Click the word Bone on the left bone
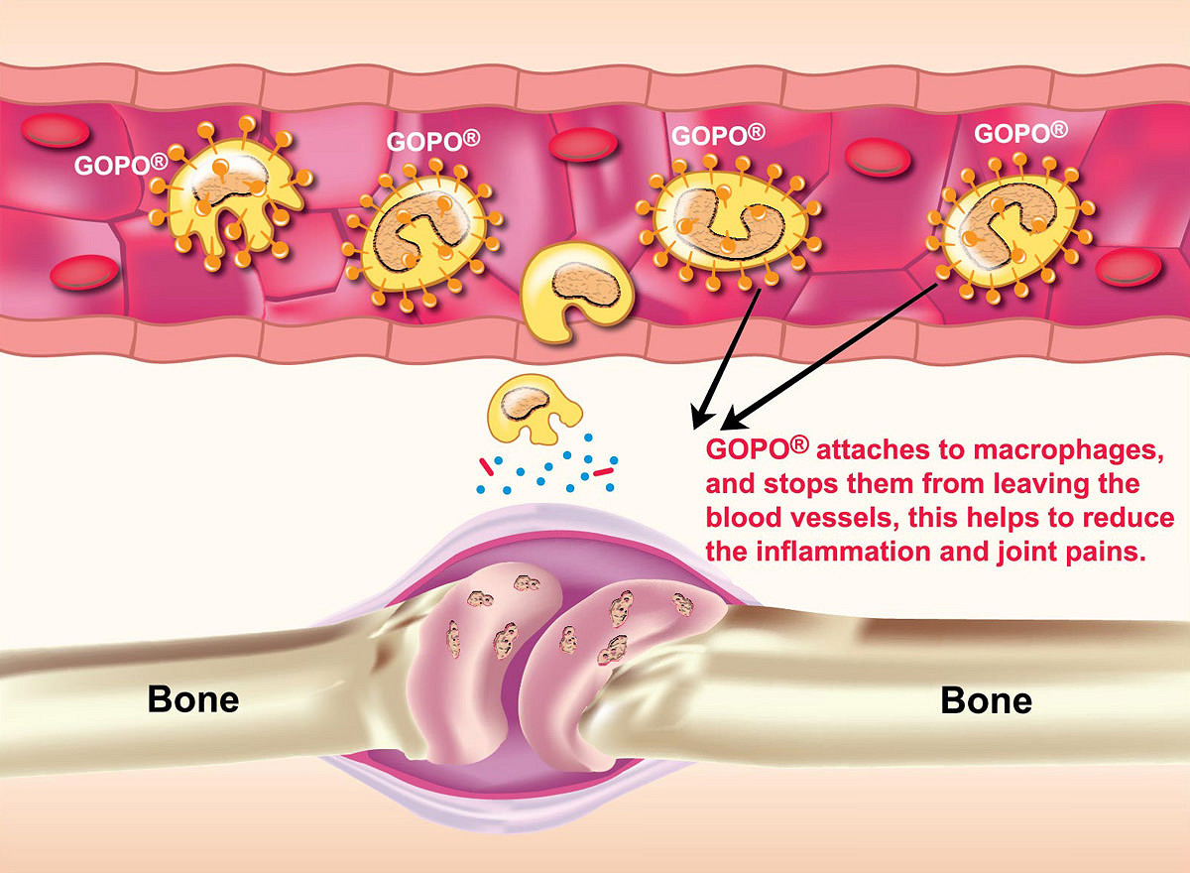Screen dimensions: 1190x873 pos(193,699)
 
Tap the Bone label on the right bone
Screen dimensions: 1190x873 pos(986,700)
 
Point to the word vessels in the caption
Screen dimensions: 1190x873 pos(844,518)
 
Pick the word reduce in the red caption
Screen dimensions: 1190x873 pos(1123,518)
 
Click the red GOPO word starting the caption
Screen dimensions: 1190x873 pos(757,449)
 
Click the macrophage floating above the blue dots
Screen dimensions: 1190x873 pos(533,408)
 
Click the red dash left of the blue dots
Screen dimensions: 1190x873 pos(487,466)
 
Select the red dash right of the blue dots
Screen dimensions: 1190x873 pos(604,471)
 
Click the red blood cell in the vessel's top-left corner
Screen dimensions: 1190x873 pos(55,130)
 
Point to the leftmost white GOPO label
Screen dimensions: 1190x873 pos(120,165)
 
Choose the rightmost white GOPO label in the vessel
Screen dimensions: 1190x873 pos(1020,133)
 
